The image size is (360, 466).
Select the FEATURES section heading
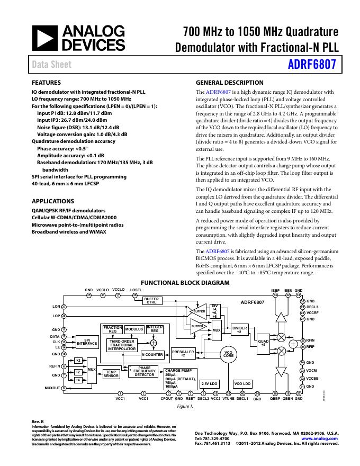coord(47,83)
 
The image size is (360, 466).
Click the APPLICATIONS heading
coord(52,201)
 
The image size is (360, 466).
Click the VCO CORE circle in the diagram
coord(228,354)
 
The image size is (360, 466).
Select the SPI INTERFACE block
coord(87,342)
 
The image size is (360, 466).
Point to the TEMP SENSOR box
coord(111,374)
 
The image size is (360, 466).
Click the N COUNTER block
coord(152,355)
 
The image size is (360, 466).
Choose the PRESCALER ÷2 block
coord(183,353)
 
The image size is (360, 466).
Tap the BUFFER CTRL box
coord(151,300)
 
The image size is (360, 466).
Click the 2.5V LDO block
coord(210,383)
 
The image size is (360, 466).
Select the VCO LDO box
coord(242,383)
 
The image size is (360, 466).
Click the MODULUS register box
coord(134,329)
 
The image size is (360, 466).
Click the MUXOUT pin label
coord(51,388)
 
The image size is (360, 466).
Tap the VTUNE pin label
coord(228,398)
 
